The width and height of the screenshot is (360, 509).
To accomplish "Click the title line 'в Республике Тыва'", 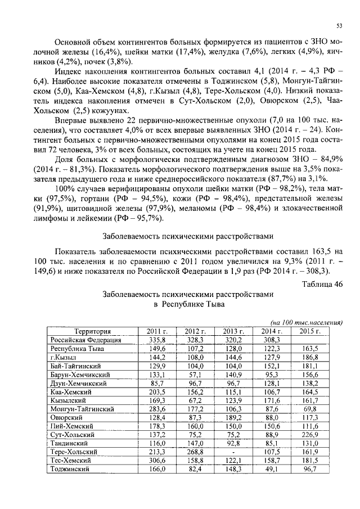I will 189,304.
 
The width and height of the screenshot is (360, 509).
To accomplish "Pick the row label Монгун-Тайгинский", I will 83,409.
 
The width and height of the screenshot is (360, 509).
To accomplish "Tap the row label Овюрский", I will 66,417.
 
